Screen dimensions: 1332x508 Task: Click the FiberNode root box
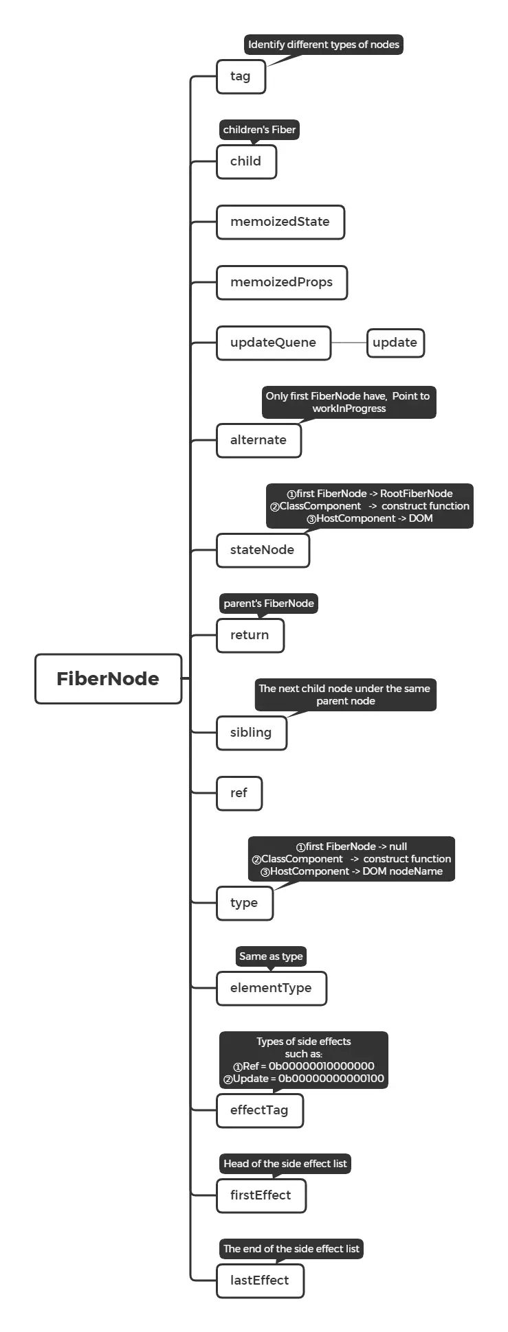tap(108, 678)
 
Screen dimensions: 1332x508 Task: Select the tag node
tap(241, 76)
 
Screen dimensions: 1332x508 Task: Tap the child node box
tap(246, 161)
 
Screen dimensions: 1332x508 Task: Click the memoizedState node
tap(280, 222)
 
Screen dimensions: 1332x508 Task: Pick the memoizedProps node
tap(281, 282)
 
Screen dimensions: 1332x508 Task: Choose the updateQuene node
tap(273, 343)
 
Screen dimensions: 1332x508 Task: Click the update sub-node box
tap(395, 343)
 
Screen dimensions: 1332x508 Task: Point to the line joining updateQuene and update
tap(349, 343)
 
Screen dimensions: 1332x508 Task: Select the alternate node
tap(258, 440)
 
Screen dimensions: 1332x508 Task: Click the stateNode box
tap(263, 550)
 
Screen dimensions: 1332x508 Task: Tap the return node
tap(250, 635)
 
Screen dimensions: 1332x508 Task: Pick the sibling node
tap(251, 733)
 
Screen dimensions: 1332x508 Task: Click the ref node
tap(239, 793)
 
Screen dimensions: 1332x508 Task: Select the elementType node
tap(271, 988)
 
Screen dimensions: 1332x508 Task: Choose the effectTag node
tap(259, 1110)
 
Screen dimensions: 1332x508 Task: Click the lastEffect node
tap(260, 1281)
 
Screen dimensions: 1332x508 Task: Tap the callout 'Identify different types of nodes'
tap(323, 45)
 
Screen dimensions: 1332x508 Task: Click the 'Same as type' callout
tap(271, 956)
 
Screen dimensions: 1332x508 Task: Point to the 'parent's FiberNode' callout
tap(268, 604)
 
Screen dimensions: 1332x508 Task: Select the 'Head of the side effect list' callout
tap(285, 1163)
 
